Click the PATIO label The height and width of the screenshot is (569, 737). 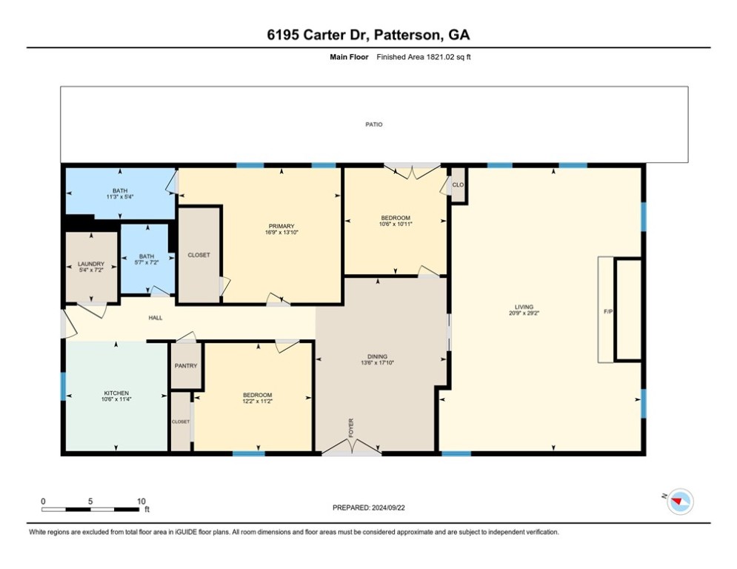point(374,124)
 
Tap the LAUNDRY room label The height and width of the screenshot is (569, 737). point(91,264)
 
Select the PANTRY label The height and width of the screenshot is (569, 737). point(186,365)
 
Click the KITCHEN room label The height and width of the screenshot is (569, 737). point(116,393)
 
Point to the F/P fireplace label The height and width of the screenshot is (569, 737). point(608,311)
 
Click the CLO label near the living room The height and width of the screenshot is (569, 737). point(458,184)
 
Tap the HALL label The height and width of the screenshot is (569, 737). point(156,318)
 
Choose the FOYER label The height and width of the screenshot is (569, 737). point(351,427)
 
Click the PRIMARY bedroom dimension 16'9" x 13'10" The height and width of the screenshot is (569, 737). point(281,233)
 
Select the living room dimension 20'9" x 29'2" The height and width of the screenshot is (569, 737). point(524,313)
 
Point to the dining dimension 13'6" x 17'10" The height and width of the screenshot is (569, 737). point(378,362)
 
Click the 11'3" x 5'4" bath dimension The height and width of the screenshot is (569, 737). point(120,196)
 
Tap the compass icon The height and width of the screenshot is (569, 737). point(681,502)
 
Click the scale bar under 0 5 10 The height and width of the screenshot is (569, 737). point(90,509)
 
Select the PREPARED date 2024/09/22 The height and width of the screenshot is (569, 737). point(388,508)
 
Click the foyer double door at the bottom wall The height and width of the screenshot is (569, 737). point(352,447)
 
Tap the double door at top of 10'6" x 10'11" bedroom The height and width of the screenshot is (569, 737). point(413,171)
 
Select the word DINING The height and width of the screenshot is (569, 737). point(378,356)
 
